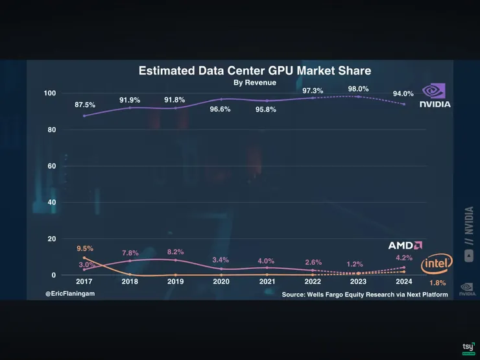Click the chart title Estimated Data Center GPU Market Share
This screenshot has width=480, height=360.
(x=254, y=71)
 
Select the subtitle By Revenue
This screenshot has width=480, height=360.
(x=254, y=83)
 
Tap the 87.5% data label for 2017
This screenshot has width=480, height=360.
(x=85, y=104)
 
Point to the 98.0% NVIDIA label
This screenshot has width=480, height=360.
(x=358, y=89)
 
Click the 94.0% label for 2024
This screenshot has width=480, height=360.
(x=403, y=94)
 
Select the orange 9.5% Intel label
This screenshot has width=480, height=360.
(x=84, y=248)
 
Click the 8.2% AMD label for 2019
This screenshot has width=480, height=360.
(x=175, y=252)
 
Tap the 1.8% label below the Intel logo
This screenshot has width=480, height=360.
(x=437, y=283)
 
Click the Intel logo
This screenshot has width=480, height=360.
(x=437, y=263)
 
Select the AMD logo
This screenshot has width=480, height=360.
(x=405, y=245)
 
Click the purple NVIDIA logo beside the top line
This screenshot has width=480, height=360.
(x=435, y=95)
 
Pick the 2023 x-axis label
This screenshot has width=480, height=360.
(x=358, y=282)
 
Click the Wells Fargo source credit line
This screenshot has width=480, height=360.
(x=365, y=294)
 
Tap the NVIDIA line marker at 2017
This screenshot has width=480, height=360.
(x=84, y=116)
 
